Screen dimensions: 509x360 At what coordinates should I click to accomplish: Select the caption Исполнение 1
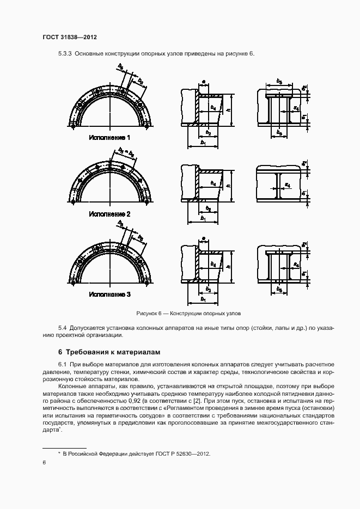(109, 138)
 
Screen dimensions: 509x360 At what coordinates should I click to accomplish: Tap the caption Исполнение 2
(109, 214)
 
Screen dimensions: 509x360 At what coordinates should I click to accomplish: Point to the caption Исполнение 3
(109, 295)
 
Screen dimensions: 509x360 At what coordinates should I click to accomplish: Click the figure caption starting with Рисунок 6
(188, 314)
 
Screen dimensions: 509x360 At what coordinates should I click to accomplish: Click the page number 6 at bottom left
(44, 462)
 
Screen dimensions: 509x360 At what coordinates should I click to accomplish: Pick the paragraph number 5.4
(62, 328)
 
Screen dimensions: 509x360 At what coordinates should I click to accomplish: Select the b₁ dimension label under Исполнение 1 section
(203, 142)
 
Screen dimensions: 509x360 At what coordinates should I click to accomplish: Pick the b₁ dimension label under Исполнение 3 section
(203, 299)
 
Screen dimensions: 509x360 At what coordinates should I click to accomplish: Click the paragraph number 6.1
(62, 364)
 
